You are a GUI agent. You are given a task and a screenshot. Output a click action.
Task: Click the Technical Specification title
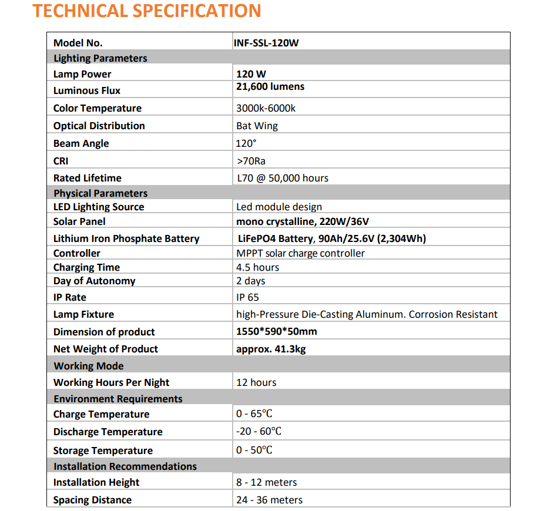pos(147,11)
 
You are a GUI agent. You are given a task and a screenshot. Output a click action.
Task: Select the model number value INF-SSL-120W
pos(270,43)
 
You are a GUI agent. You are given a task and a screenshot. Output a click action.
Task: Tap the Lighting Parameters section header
pos(100,58)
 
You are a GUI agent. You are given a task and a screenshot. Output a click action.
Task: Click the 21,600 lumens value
pos(270,87)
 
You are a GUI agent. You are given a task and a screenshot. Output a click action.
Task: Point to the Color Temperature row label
pos(98,108)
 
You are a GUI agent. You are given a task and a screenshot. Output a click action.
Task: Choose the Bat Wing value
pos(257,126)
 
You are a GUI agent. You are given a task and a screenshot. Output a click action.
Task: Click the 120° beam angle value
pos(247,143)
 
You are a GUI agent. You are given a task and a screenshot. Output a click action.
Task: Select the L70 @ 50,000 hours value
pos(283,178)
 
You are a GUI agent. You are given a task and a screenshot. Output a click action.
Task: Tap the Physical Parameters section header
pos(100,193)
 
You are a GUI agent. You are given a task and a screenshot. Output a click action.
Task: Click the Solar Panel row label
pos(79,221)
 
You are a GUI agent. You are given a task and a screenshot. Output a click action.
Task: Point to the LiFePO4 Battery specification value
pos(331,238)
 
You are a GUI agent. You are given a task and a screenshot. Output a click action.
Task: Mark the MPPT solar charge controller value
pos(300,253)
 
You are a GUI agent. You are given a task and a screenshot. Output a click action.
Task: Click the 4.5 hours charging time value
pos(258,267)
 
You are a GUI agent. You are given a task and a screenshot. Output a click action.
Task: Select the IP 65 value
pos(247,298)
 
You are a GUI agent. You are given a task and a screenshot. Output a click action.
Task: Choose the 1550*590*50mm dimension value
pos(277,331)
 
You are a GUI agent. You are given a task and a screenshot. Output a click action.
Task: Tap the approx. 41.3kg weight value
pos(271,349)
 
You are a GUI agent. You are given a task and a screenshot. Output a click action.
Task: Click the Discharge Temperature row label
pos(108,432)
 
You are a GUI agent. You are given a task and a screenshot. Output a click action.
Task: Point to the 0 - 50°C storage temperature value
pos(254,450)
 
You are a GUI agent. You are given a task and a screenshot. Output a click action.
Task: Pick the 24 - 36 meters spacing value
pos(270,500)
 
